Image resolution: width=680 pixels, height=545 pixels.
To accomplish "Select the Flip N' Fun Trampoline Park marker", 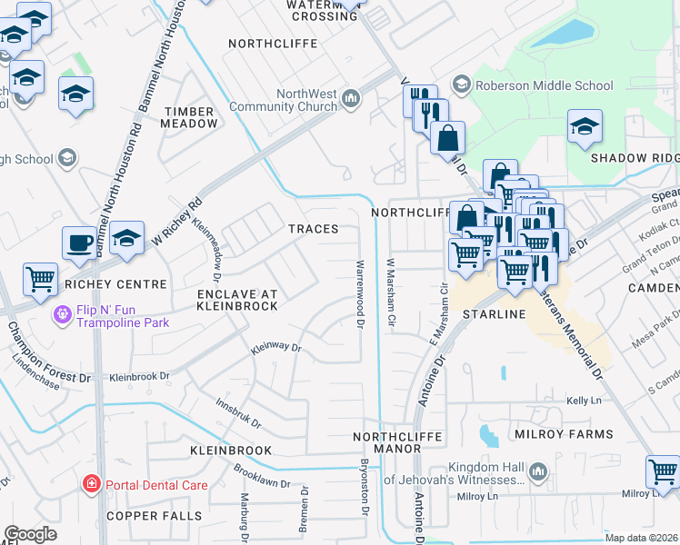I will pos(62,315).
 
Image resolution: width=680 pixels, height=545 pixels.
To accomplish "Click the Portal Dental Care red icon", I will pos(91,484).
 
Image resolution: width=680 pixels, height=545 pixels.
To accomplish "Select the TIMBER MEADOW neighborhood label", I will pos(190,117).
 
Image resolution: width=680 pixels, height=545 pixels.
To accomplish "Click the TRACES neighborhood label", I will pos(314,230).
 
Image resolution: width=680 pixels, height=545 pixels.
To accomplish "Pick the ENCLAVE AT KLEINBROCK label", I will pos(236,301).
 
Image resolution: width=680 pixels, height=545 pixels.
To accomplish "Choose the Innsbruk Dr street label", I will pos(238,412).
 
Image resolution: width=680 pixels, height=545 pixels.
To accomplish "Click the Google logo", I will pos(30,534).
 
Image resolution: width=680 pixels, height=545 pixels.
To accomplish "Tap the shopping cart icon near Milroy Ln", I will pos(663,472).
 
